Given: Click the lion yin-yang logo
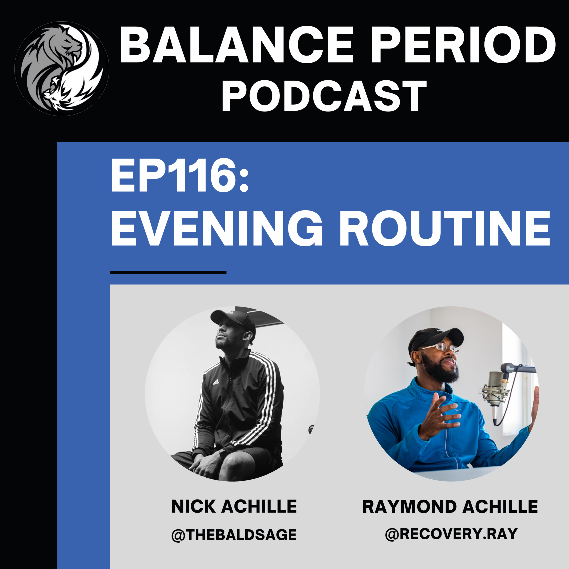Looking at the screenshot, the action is (62, 68).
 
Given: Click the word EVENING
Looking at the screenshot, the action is (217, 228).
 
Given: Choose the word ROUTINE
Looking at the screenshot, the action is (445, 228).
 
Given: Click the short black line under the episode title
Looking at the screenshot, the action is (168, 272).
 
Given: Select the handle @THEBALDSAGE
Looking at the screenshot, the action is (234, 534).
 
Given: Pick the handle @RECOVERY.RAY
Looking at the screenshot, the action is (451, 534).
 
